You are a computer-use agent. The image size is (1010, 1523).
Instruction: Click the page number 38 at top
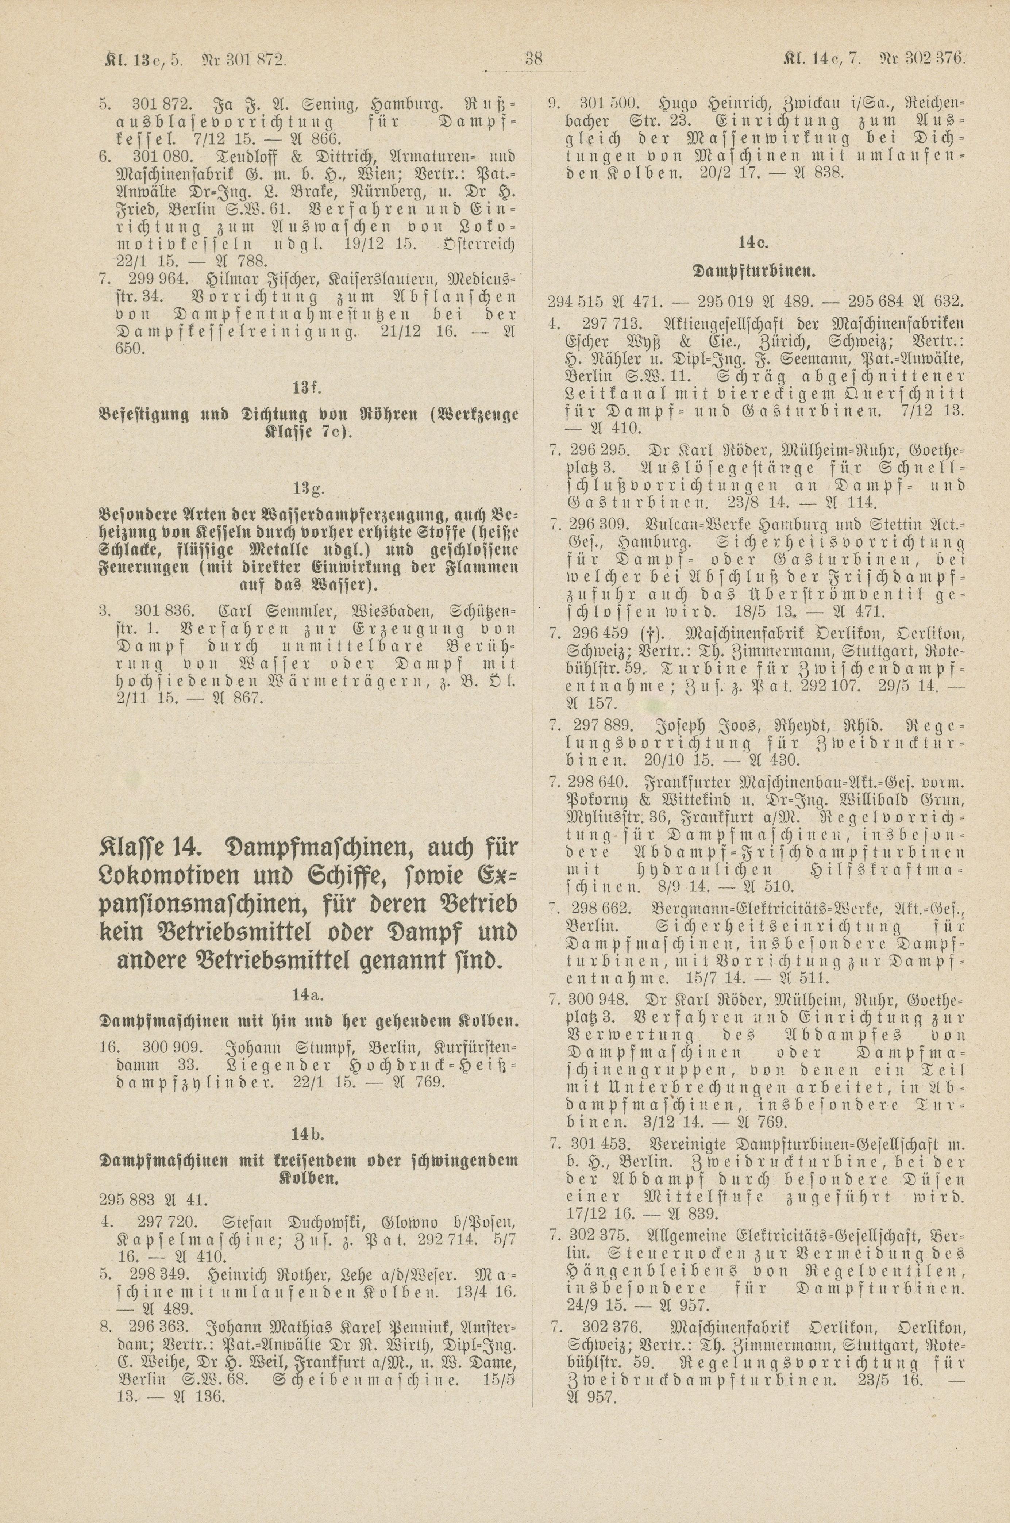point(534,59)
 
